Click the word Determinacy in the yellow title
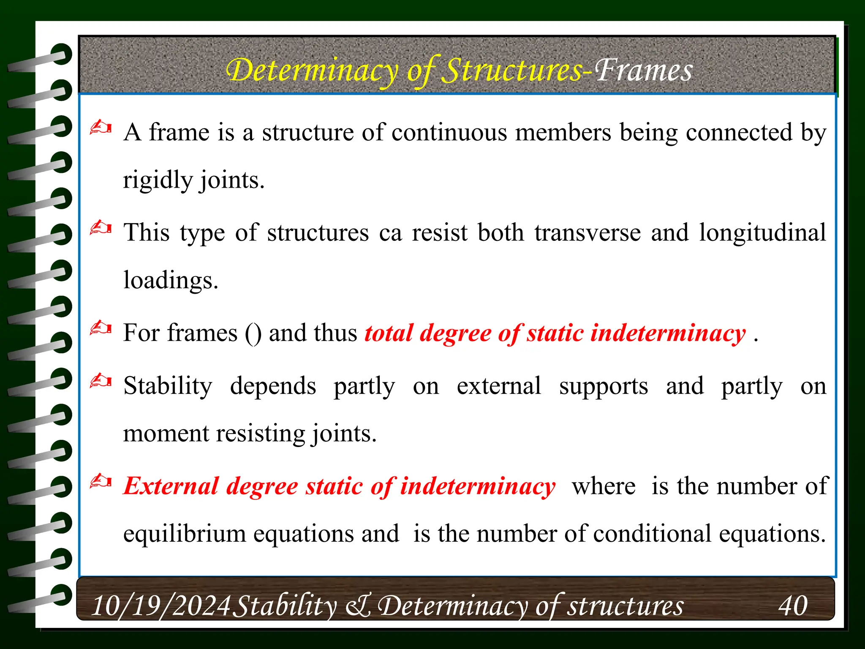(312, 71)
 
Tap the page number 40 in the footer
(793, 605)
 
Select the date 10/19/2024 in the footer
(161, 605)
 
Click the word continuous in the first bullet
(449, 133)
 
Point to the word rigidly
(158, 180)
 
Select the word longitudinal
(762, 233)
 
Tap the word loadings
(171, 280)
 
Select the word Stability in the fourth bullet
(168, 386)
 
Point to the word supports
(604, 386)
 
